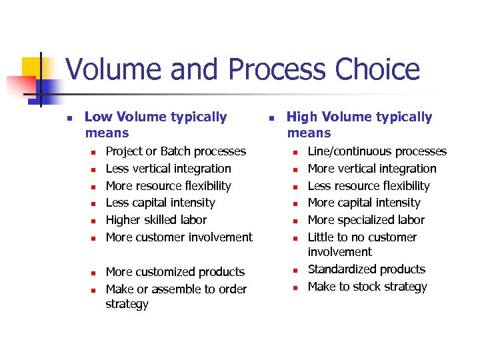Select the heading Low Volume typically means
[x=156, y=125]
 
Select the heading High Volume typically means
[x=359, y=125]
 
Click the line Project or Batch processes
[x=176, y=151]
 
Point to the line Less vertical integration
[x=169, y=169]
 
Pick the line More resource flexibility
[x=169, y=186]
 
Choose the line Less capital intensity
[x=161, y=203]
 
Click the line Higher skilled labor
[x=157, y=220]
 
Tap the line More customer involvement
[x=179, y=237]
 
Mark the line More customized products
[x=175, y=272]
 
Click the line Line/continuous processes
[x=377, y=151]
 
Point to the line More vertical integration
[x=372, y=169]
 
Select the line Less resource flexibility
[x=369, y=186]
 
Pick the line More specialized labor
[x=366, y=220]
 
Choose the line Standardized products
[x=366, y=269]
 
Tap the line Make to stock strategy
[x=367, y=287]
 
